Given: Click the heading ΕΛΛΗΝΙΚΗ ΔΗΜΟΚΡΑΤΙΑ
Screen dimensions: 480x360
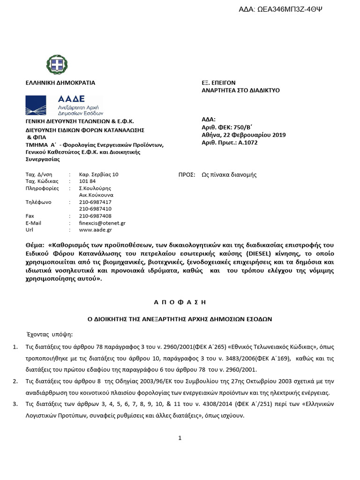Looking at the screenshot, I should [60, 83].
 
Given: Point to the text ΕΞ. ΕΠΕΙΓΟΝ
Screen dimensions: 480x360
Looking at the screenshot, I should [218, 83].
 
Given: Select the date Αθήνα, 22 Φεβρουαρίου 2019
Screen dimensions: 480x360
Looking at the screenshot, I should [243, 135].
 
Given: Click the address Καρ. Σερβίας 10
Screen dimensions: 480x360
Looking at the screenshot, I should [99, 174].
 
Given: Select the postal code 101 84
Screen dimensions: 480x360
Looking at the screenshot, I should [87, 181].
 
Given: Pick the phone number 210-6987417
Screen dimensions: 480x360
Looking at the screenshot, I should [95, 202].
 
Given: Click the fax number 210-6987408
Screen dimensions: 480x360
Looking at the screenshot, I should [95, 216].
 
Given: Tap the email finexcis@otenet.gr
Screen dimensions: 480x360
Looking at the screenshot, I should [102, 223].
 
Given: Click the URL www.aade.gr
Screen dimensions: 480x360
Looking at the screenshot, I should [96, 230].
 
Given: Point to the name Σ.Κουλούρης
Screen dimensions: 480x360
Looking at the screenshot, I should [96, 188].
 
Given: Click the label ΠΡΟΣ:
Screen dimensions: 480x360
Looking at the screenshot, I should [187, 174].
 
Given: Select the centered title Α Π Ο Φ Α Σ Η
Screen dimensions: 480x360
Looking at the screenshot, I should [180, 302].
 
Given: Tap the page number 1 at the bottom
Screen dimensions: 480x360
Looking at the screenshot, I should [180, 438].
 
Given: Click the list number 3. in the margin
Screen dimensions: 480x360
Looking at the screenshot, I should [15, 404].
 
